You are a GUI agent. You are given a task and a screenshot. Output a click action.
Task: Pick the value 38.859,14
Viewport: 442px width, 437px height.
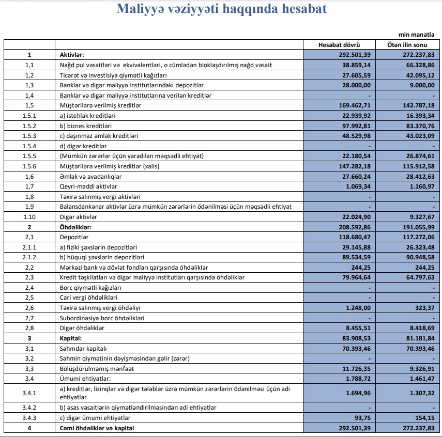(356, 65)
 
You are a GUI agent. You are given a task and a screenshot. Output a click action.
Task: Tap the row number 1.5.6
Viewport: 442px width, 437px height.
(29, 166)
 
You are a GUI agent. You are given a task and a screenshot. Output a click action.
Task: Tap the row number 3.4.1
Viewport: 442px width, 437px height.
(29, 392)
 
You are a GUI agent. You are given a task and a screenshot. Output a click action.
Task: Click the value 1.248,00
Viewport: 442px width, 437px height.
(358, 307)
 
